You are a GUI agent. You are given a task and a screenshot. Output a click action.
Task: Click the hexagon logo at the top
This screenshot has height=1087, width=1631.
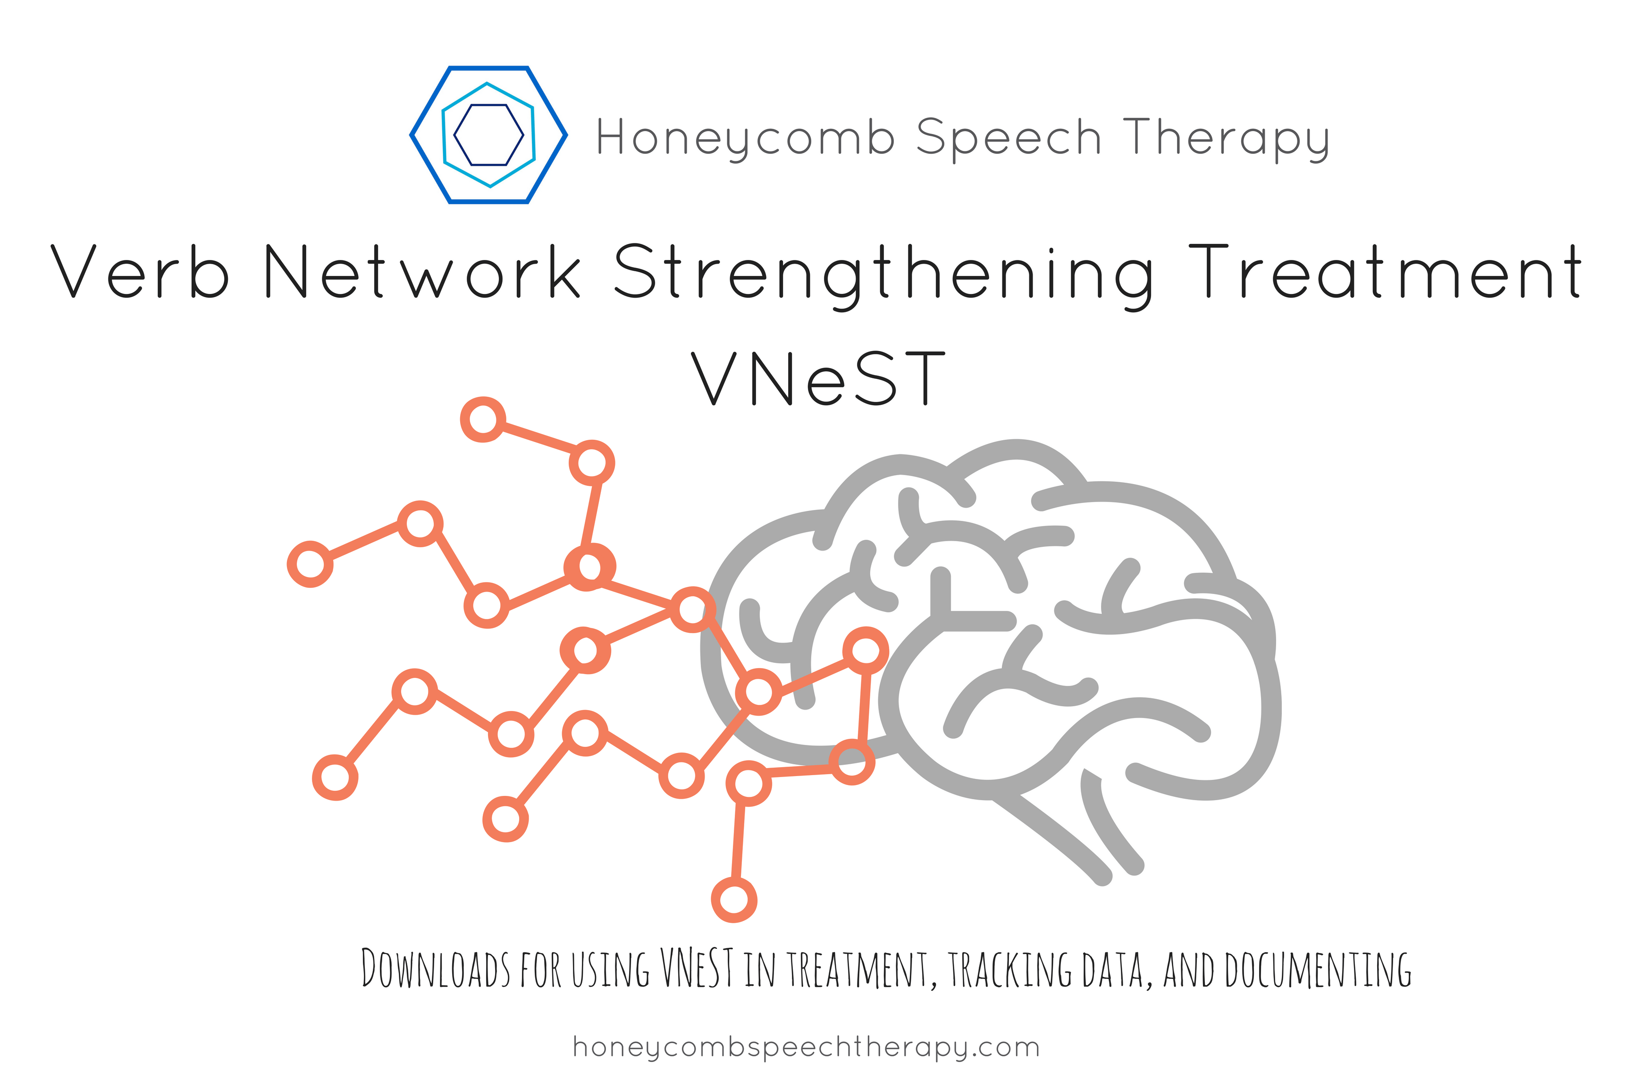[489, 135]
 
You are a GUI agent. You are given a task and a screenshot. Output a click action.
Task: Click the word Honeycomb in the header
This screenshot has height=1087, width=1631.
[746, 138]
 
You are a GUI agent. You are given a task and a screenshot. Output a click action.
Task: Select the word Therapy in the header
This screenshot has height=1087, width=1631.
[1226, 138]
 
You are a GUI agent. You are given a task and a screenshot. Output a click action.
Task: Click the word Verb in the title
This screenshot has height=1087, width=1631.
[139, 272]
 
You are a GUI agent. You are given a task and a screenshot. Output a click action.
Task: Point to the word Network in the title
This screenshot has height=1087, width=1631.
[423, 272]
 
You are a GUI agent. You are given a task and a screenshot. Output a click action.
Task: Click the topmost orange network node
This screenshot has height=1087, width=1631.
[483, 419]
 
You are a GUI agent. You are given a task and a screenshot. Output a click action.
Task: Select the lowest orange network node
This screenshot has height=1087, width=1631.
[734, 900]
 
